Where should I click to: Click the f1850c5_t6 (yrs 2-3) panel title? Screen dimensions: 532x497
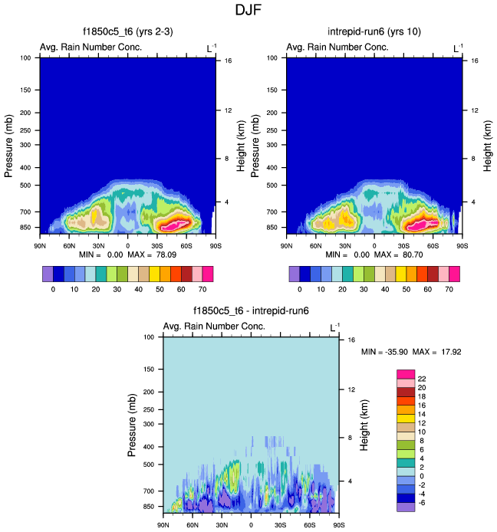pyautogui.click(x=123, y=33)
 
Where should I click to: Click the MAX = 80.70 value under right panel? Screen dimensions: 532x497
pyautogui.click(x=412, y=253)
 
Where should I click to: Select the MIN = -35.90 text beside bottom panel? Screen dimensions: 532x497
pyautogui.click(x=385, y=352)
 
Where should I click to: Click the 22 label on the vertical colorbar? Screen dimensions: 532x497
pyautogui.click(x=421, y=379)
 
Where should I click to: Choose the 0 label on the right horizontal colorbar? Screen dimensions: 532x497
pyautogui.click(x=299, y=290)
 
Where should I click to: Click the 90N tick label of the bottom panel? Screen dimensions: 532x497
pyautogui.click(x=163, y=525)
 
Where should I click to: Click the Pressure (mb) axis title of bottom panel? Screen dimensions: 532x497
pyautogui.click(x=135, y=424)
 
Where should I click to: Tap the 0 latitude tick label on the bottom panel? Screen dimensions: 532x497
pyautogui.click(x=251, y=525)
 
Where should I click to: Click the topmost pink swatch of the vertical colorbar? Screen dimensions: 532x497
pyautogui.click(x=405, y=373)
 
